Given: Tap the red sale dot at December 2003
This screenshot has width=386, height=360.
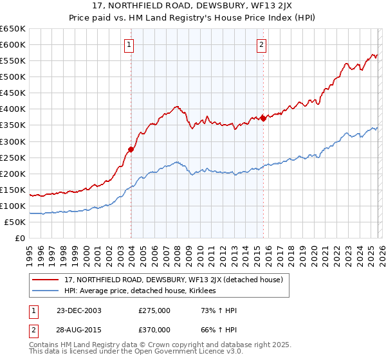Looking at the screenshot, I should (131, 149).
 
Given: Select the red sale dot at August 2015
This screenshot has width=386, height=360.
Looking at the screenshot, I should (263, 118).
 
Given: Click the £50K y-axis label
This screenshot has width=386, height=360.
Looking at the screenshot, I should (14, 222).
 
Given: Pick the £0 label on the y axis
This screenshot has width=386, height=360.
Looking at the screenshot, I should (19, 238).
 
